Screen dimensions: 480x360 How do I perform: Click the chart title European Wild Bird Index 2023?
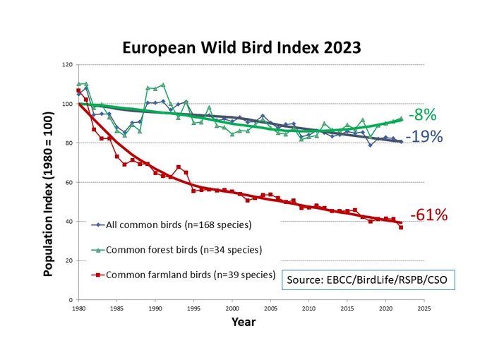(x=241, y=48)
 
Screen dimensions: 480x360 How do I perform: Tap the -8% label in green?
(x=422, y=115)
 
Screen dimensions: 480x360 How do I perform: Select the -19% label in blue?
(x=424, y=136)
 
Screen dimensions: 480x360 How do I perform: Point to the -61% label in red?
(x=429, y=215)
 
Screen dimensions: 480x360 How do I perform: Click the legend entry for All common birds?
(x=172, y=225)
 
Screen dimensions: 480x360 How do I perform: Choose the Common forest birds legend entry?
(x=176, y=250)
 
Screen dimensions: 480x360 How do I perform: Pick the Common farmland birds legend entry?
(x=184, y=275)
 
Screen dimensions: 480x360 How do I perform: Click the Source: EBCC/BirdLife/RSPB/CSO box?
(x=368, y=280)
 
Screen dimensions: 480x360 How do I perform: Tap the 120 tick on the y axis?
(x=68, y=65)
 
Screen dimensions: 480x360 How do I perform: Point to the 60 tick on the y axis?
(x=69, y=182)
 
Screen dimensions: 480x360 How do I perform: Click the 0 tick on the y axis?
(x=71, y=300)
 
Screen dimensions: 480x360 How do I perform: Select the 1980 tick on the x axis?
(x=78, y=308)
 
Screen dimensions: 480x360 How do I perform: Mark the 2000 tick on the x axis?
(x=232, y=308)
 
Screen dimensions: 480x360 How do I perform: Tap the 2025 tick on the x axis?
(x=424, y=308)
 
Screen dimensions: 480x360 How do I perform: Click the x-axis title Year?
(x=244, y=322)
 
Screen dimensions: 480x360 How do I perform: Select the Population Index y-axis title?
(x=49, y=194)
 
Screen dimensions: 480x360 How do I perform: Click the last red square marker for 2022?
(x=401, y=227)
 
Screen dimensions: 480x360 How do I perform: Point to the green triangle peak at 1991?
(x=163, y=85)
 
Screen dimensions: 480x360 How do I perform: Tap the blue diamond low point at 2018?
(x=371, y=145)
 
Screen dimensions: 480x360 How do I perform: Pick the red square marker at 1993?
(x=179, y=167)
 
